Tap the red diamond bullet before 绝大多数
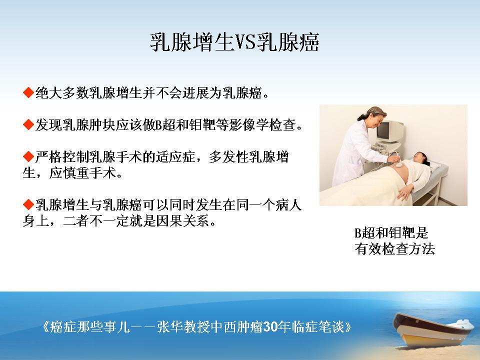(28, 92)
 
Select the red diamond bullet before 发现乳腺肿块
(28, 124)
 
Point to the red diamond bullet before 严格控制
(28, 156)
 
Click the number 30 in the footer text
(270, 327)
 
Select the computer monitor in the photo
(389, 131)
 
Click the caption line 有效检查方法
(394, 249)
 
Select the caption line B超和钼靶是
(391, 233)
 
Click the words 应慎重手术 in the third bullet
(82, 173)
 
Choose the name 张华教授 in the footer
(183, 327)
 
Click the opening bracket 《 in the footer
(45, 327)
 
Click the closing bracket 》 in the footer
(348, 327)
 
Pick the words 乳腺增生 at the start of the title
(192, 42)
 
